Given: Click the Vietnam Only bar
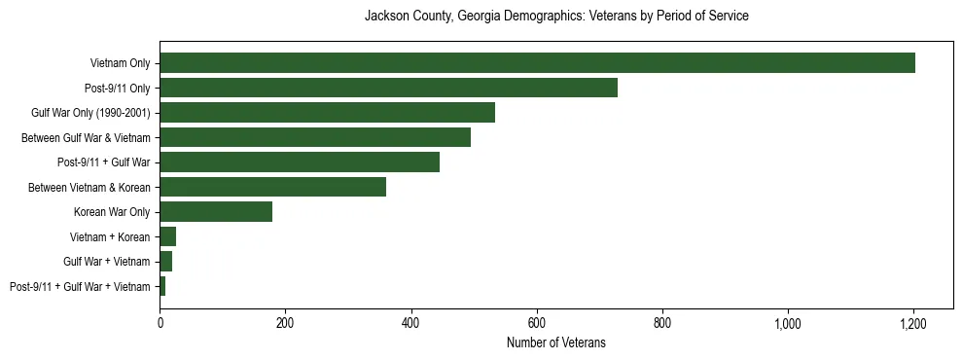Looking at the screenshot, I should click(x=537, y=63).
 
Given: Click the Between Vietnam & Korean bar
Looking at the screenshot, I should click(x=272, y=187).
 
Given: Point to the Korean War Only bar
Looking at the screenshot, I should click(x=216, y=212).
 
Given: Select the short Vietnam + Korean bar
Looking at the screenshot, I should click(x=167, y=236).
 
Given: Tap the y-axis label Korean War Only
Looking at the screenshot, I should click(x=112, y=212).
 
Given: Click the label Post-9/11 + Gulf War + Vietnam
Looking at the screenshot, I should click(x=80, y=286).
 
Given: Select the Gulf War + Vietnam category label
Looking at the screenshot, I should click(x=107, y=262).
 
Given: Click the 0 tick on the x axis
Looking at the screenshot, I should click(x=160, y=322).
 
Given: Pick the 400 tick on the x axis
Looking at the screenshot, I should click(x=410, y=322).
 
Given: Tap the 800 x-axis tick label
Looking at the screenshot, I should click(x=662, y=322).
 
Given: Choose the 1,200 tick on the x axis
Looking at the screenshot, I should click(x=913, y=322).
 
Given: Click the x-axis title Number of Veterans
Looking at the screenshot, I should click(x=555, y=342).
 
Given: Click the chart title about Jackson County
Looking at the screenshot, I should click(x=555, y=17).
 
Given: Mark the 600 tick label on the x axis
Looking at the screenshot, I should click(x=537, y=322).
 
